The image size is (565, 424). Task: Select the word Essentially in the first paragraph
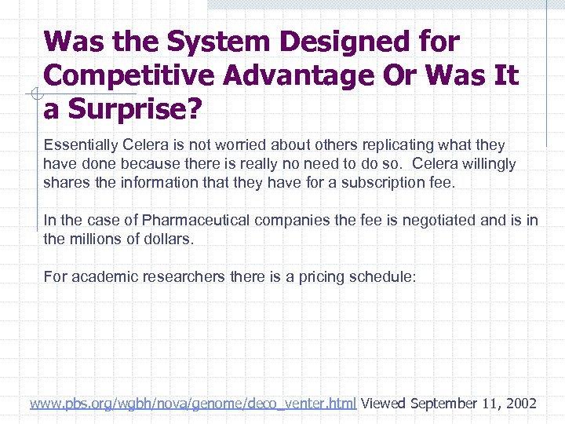point(82,145)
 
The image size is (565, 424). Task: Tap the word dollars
point(166,239)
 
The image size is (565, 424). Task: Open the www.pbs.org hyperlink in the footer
point(193,404)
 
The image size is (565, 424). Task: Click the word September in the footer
point(443,404)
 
